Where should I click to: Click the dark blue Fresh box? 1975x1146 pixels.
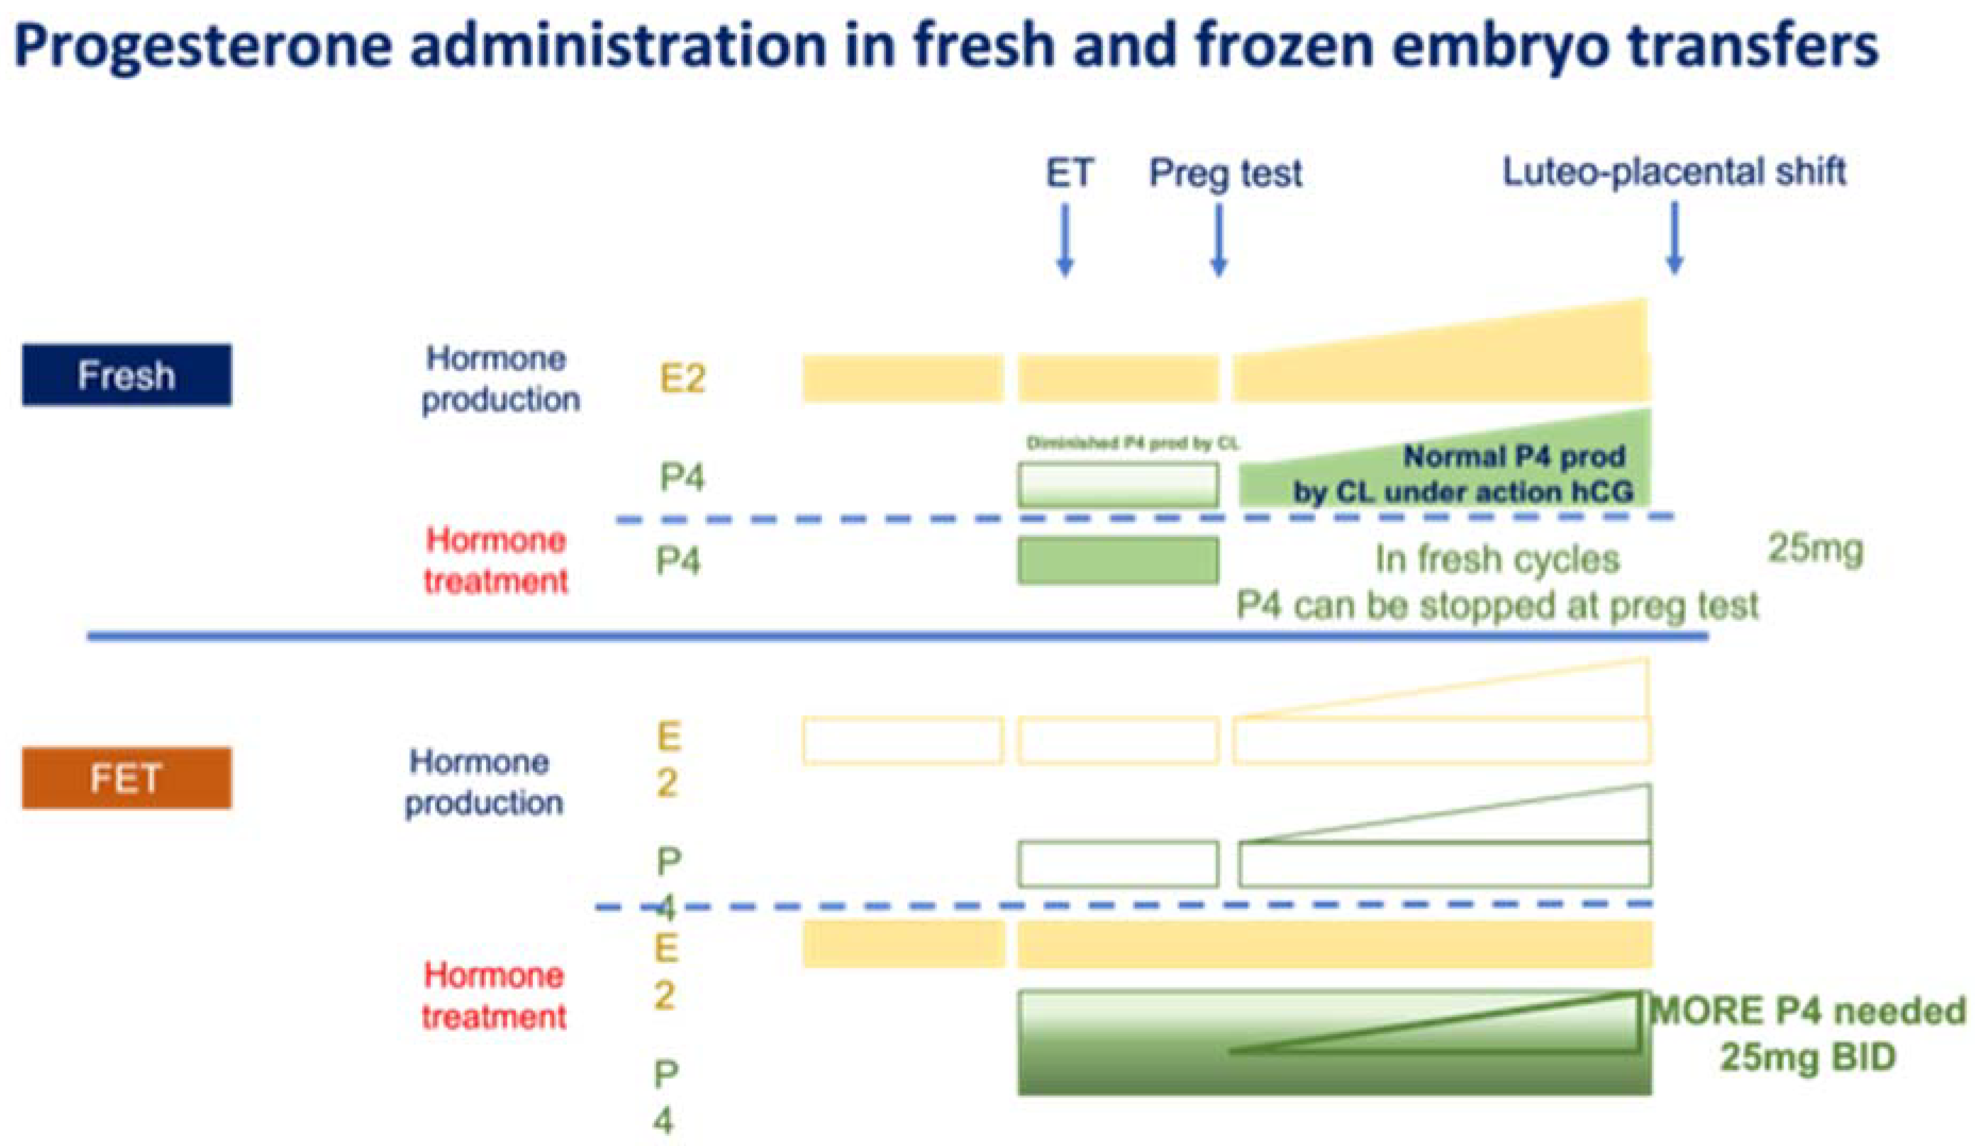click(x=126, y=375)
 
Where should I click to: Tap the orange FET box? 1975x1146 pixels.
click(x=126, y=778)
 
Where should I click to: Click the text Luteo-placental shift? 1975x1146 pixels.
click(x=1674, y=172)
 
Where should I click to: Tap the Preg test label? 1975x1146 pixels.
click(x=1225, y=174)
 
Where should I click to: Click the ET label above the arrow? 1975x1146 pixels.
click(x=1069, y=174)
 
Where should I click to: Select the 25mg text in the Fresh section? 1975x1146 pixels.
click(x=1815, y=550)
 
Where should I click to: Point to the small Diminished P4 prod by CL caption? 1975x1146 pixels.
click(x=1133, y=443)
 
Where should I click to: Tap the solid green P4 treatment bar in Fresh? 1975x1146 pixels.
click(x=1118, y=561)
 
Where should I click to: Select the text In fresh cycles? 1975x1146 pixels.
click(x=1497, y=559)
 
